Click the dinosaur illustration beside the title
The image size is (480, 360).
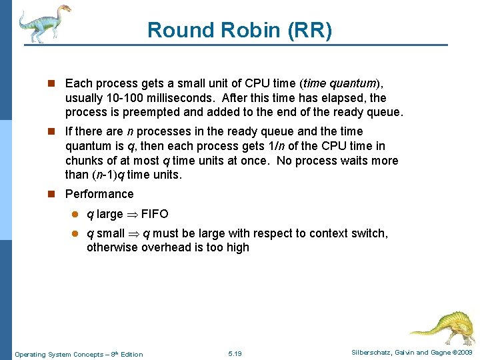tap(44, 23)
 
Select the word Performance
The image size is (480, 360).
tap(99, 194)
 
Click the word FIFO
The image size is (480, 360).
tap(155, 214)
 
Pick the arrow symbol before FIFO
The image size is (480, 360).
tap(132, 215)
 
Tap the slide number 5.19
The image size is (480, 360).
tap(235, 354)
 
